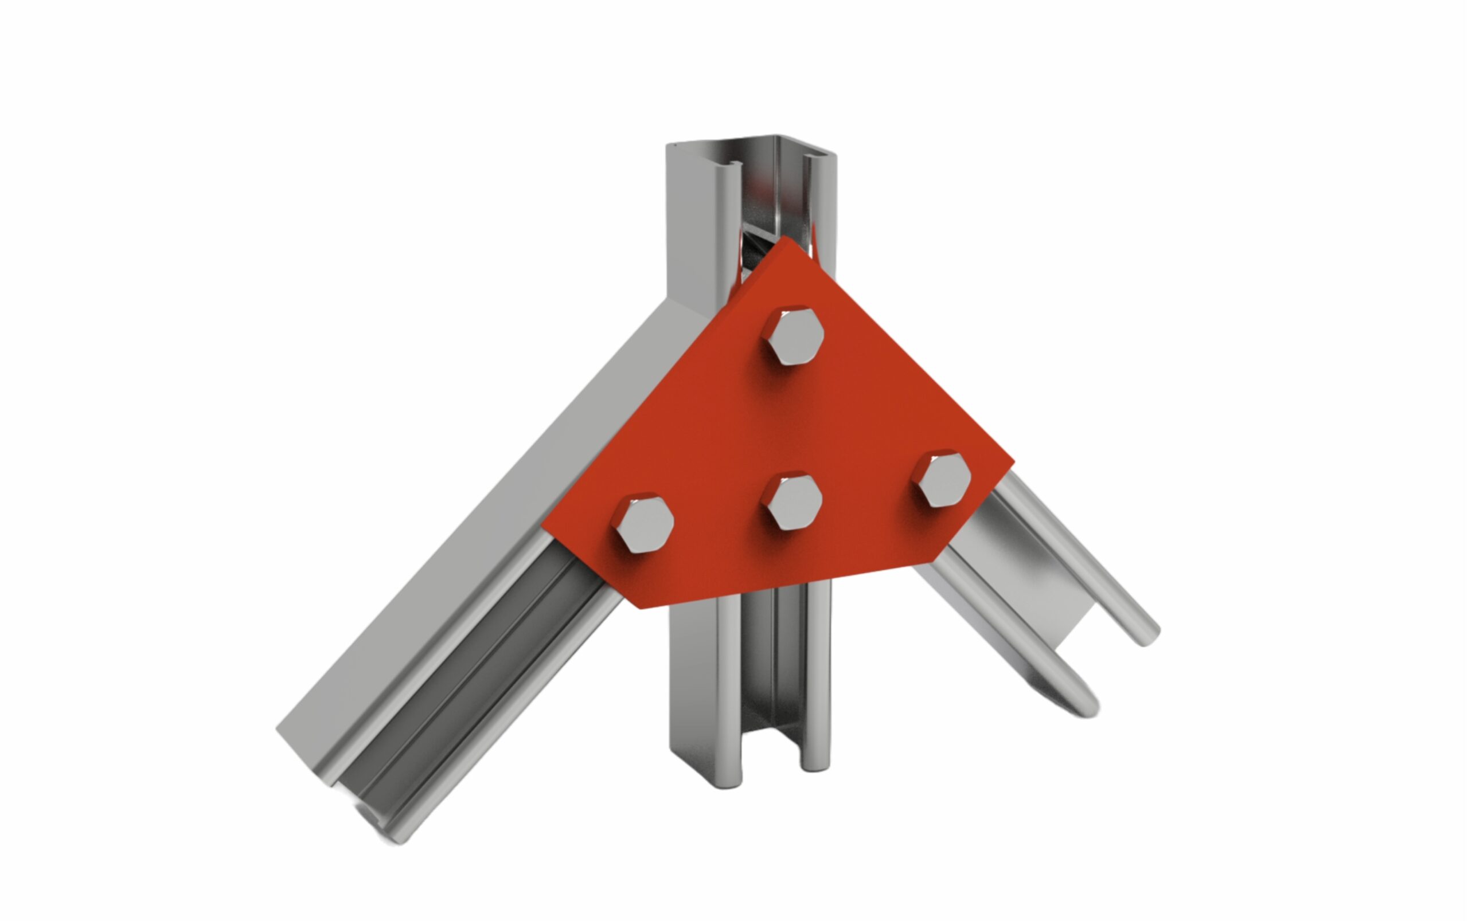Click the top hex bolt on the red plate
(793, 336)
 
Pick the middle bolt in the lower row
(791, 501)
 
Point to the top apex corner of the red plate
(786, 238)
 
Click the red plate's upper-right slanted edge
(902, 350)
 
